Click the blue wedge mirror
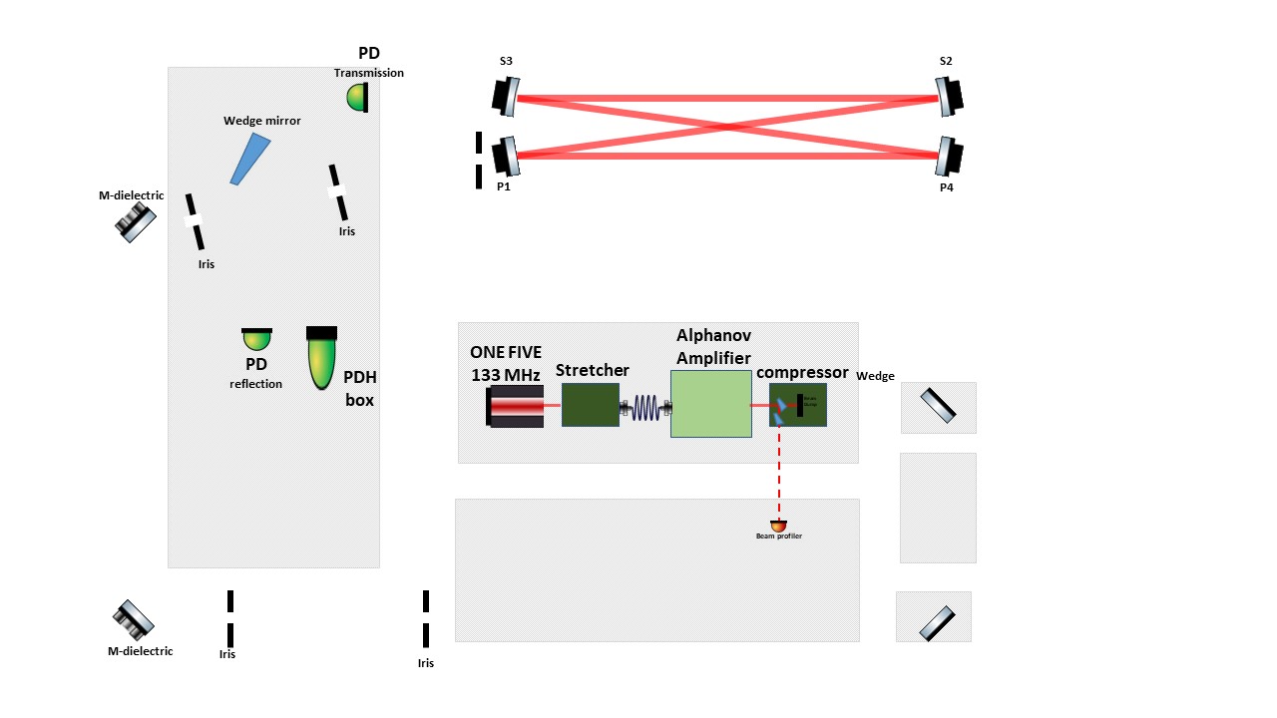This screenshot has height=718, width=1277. (249, 158)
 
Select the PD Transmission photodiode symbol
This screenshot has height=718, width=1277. (358, 97)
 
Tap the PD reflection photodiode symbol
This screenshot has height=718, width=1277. (256, 340)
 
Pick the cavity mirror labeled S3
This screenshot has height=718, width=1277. (506, 96)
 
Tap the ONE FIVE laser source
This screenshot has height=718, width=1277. (516, 406)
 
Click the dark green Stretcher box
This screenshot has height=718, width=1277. (590, 404)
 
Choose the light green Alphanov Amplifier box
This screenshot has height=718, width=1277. (710, 403)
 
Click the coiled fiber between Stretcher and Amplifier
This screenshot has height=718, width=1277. (645, 407)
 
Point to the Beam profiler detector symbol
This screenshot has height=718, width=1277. (778, 525)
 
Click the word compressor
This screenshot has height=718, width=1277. (802, 372)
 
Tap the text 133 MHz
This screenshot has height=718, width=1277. (506, 375)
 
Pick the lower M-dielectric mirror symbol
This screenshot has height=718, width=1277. (134, 619)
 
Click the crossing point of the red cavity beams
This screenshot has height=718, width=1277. (730, 127)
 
